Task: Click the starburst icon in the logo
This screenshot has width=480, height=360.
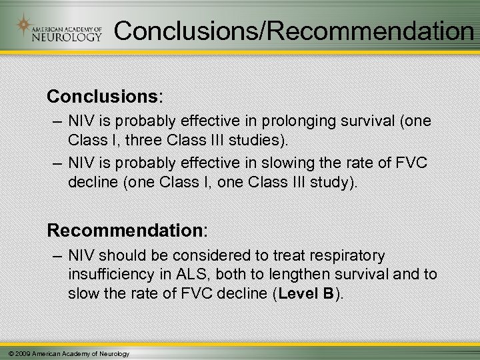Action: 25,26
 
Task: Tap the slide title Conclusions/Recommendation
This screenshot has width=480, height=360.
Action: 294,30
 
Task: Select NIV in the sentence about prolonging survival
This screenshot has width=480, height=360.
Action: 81,122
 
